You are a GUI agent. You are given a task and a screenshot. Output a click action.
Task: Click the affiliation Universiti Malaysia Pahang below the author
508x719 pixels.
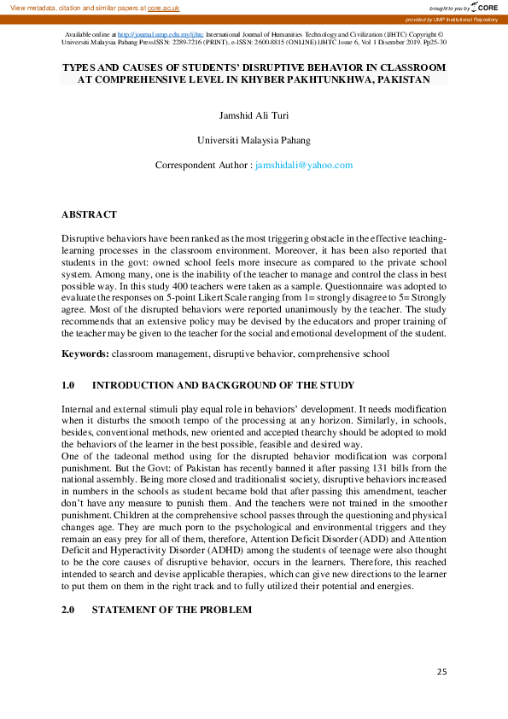coord(254,139)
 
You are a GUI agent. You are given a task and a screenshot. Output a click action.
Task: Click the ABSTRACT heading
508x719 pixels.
coord(89,214)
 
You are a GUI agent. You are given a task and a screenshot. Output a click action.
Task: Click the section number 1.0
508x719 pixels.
coord(69,385)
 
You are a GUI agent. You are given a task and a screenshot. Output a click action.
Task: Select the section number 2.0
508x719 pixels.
coord(69,610)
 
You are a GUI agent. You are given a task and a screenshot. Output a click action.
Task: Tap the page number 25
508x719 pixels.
coord(441,672)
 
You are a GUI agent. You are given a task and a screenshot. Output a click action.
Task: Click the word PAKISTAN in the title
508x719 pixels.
coord(398,79)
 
